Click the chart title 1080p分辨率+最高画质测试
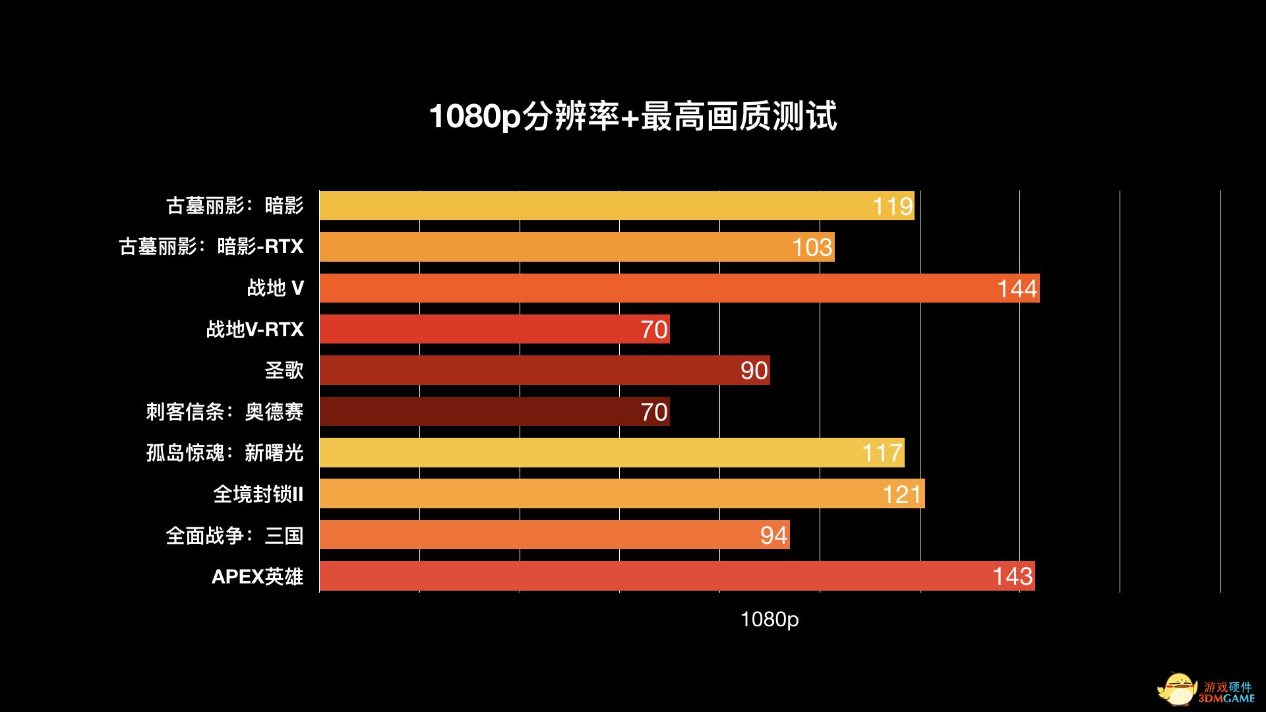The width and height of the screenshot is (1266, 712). click(x=633, y=117)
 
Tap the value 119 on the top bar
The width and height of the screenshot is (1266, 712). click(x=893, y=206)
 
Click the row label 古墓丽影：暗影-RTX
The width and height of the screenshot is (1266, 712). click(x=211, y=247)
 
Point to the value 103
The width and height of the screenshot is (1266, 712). click(x=812, y=247)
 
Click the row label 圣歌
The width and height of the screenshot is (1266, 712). click(x=284, y=371)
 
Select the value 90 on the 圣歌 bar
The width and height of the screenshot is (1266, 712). click(x=754, y=371)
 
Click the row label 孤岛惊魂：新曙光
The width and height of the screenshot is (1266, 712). click(x=225, y=453)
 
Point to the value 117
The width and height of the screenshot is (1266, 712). click(x=882, y=453)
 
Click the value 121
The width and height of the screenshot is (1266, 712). click(x=901, y=494)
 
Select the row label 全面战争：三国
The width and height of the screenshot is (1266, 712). click(x=235, y=535)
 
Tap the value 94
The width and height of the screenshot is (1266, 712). click(x=773, y=535)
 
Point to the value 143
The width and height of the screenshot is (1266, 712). click(x=1012, y=576)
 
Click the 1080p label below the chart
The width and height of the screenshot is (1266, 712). click(x=769, y=619)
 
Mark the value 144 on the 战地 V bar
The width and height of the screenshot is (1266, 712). click(x=1017, y=289)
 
